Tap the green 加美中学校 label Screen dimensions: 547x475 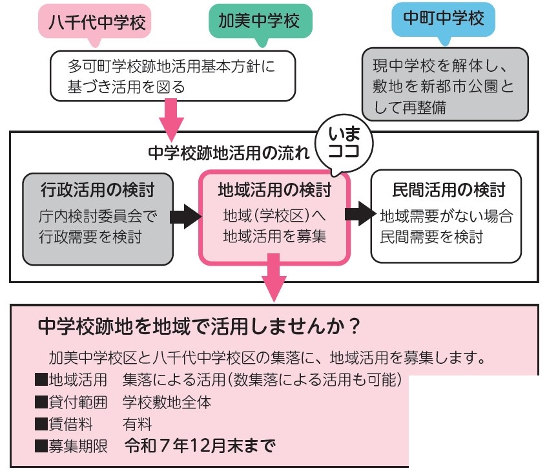[260, 21]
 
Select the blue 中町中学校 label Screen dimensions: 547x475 [444, 19]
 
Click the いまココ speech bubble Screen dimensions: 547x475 [344, 143]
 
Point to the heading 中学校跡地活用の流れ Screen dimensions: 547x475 [229, 153]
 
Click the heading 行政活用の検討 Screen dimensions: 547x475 [98, 190]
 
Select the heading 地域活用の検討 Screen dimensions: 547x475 [274, 190]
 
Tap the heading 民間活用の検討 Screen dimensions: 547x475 [449, 190]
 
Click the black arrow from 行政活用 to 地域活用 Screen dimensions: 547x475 [185, 216]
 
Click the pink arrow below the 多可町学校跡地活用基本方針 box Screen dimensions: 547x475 [171, 120]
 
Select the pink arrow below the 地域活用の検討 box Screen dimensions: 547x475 [274, 277]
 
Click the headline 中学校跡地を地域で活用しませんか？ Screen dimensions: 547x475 [199, 326]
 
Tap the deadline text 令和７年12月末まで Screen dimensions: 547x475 [200, 445]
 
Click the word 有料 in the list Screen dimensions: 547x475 [137, 425]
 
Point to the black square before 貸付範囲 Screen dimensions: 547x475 [41, 402]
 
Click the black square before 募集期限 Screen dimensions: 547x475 [41, 446]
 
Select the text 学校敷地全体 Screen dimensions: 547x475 [167, 403]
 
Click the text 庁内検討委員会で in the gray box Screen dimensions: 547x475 [98, 216]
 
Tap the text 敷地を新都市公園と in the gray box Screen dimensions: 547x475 [443, 86]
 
